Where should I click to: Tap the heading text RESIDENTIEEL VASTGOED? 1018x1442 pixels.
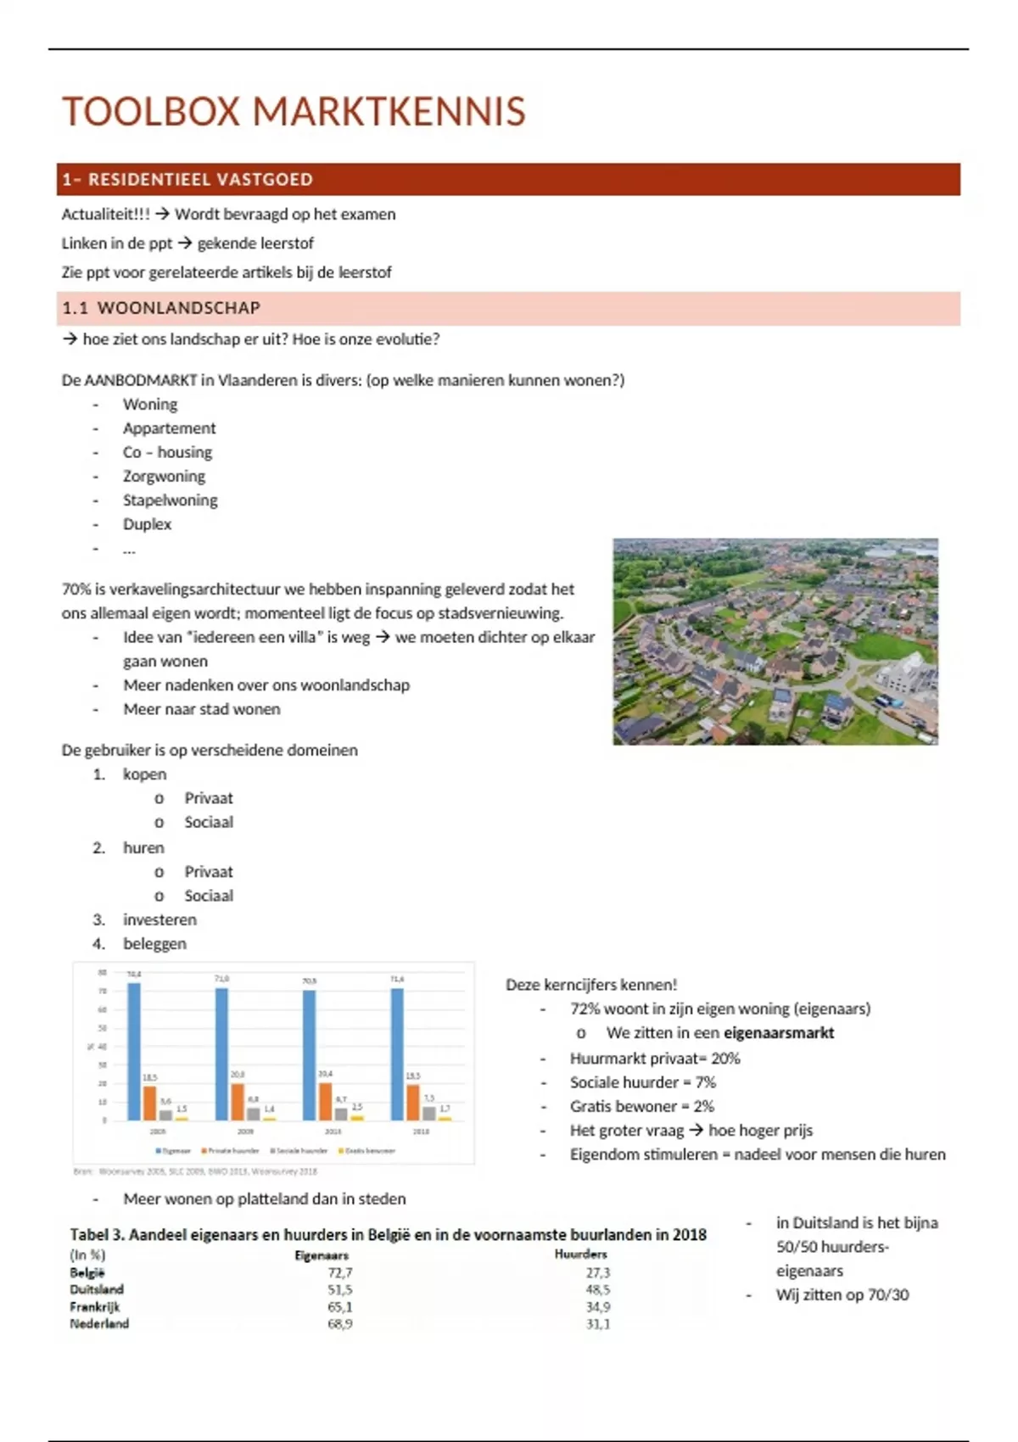tap(200, 180)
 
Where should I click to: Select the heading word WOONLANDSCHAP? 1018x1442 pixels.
tap(178, 308)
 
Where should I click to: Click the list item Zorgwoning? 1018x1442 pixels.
tap(164, 476)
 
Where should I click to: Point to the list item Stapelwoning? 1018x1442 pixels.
tap(170, 500)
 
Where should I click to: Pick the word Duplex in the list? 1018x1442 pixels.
tap(147, 523)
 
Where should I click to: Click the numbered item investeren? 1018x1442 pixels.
tap(159, 919)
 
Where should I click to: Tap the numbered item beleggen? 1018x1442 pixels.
tap(154, 943)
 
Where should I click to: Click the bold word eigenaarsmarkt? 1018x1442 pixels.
tap(778, 1032)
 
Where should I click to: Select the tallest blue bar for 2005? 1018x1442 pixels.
tap(134, 1052)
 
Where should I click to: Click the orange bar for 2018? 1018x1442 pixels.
tap(413, 1103)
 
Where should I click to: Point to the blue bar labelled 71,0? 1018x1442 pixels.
tap(222, 1054)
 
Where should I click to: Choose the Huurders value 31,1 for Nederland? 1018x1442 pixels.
tap(597, 1323)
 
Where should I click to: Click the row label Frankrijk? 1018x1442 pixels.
tap(95, 1306)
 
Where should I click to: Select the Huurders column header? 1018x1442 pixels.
tap(581, 1254)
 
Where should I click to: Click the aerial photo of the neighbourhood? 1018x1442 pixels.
tap(775, 641)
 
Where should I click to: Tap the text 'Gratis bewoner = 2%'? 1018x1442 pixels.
tap(641, 1106)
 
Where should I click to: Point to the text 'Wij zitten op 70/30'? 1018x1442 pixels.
tap(842, 1294)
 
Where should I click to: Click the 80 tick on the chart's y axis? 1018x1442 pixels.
tap(103, 973)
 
